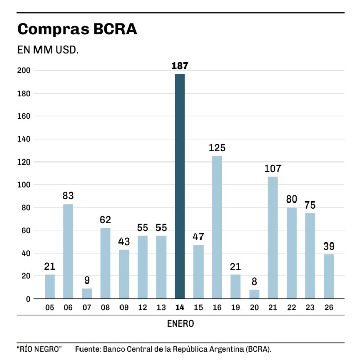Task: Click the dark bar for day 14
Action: coord(180,186)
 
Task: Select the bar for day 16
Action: coord(217,227)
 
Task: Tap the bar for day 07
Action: coord(87,293)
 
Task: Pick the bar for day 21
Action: coord(272,237)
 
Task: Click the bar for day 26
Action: coord(329,276)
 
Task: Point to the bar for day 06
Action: coord(68,251)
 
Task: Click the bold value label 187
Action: coord(180,66)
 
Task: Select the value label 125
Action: coord(217,148)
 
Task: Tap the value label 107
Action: coord(272,169)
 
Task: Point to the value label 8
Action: coord(254,282)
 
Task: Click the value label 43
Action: coord(124,242)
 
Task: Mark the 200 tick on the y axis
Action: coord(24,71)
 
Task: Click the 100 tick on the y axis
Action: coord(24,185)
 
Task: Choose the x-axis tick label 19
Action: coord(235,307)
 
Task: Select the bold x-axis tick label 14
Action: coord(180,307)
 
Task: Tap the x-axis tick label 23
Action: coord(310,307)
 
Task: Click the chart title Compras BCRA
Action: coord(77,29)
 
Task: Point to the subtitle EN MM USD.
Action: coord(48,51)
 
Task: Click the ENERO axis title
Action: coord(180,323)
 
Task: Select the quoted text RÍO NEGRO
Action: coord(39,349)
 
